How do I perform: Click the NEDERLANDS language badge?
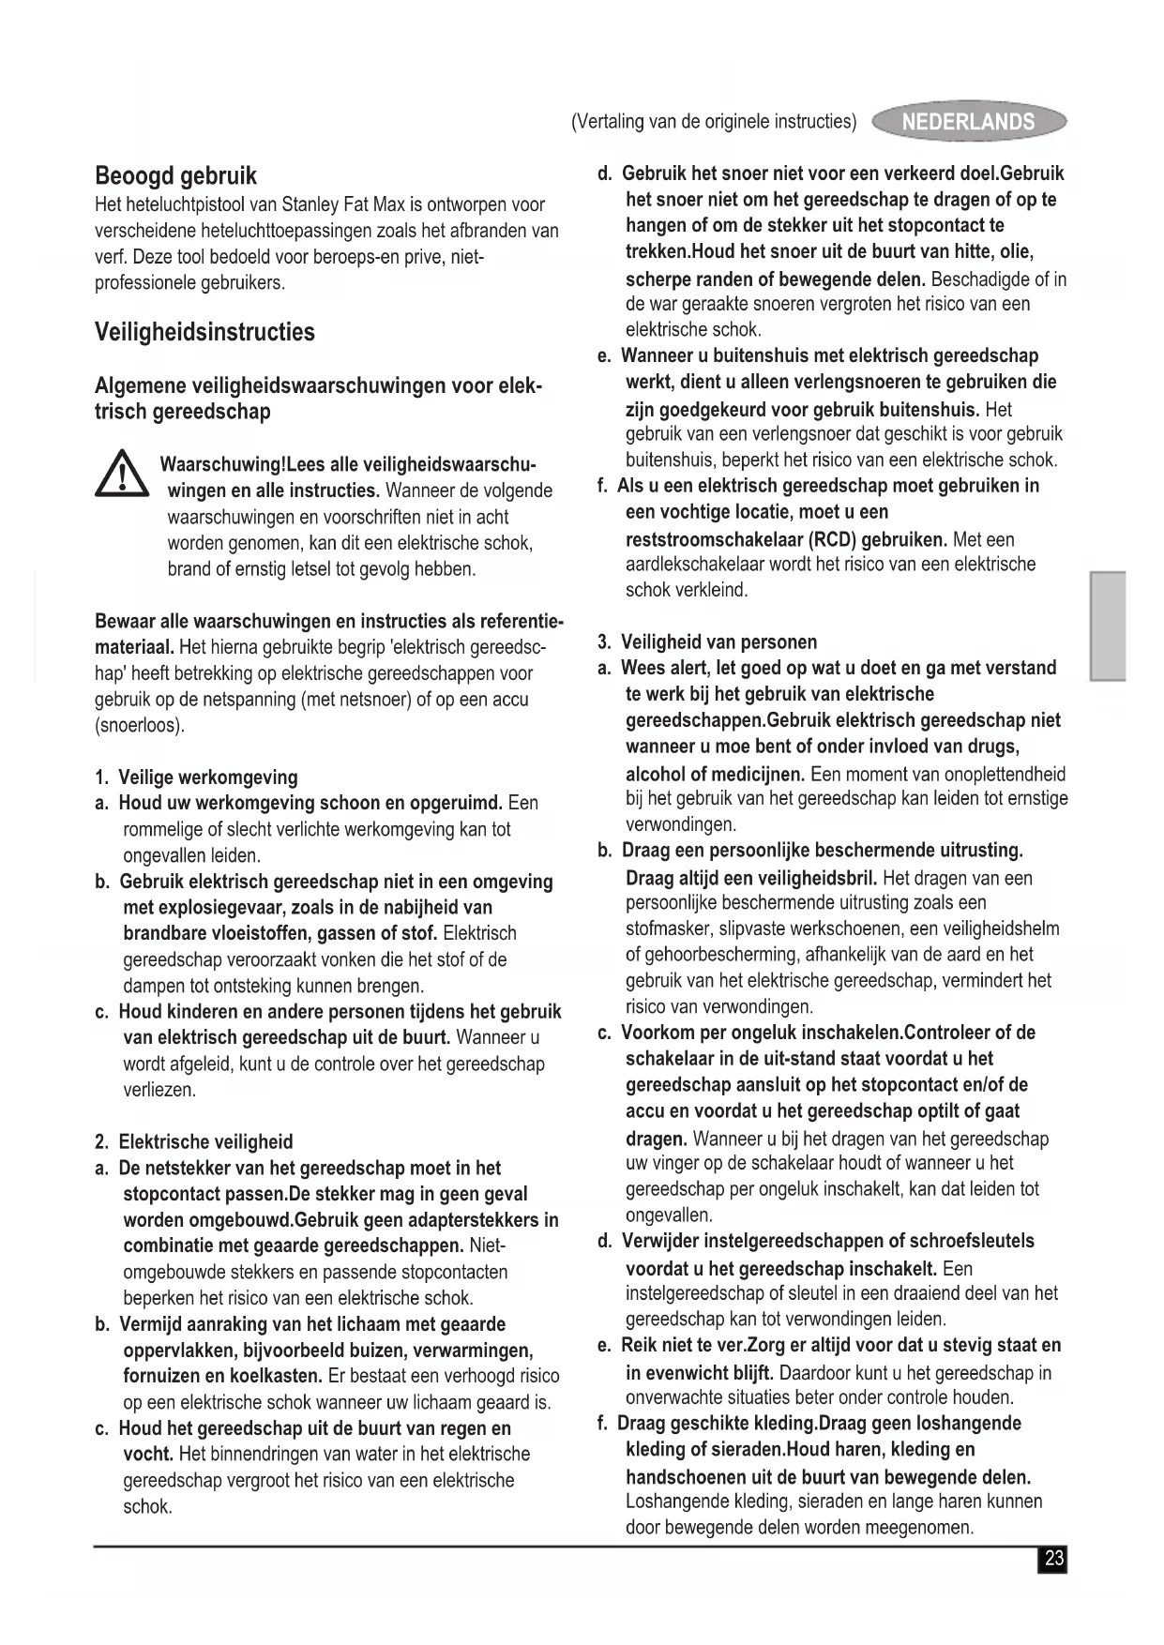(x=968, y=122)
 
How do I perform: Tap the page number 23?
(x=1053, y=1559)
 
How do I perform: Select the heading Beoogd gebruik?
(x=175, y=175)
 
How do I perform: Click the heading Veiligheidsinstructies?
(x=204, y=332)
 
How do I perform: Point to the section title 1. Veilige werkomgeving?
(x=196, y=777)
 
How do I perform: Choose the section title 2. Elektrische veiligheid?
(x=194, y=1141)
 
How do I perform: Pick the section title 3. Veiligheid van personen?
(x=707, y=641)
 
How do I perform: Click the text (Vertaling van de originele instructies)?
(x=714, y=122)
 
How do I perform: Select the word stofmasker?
(x=665, y=929)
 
